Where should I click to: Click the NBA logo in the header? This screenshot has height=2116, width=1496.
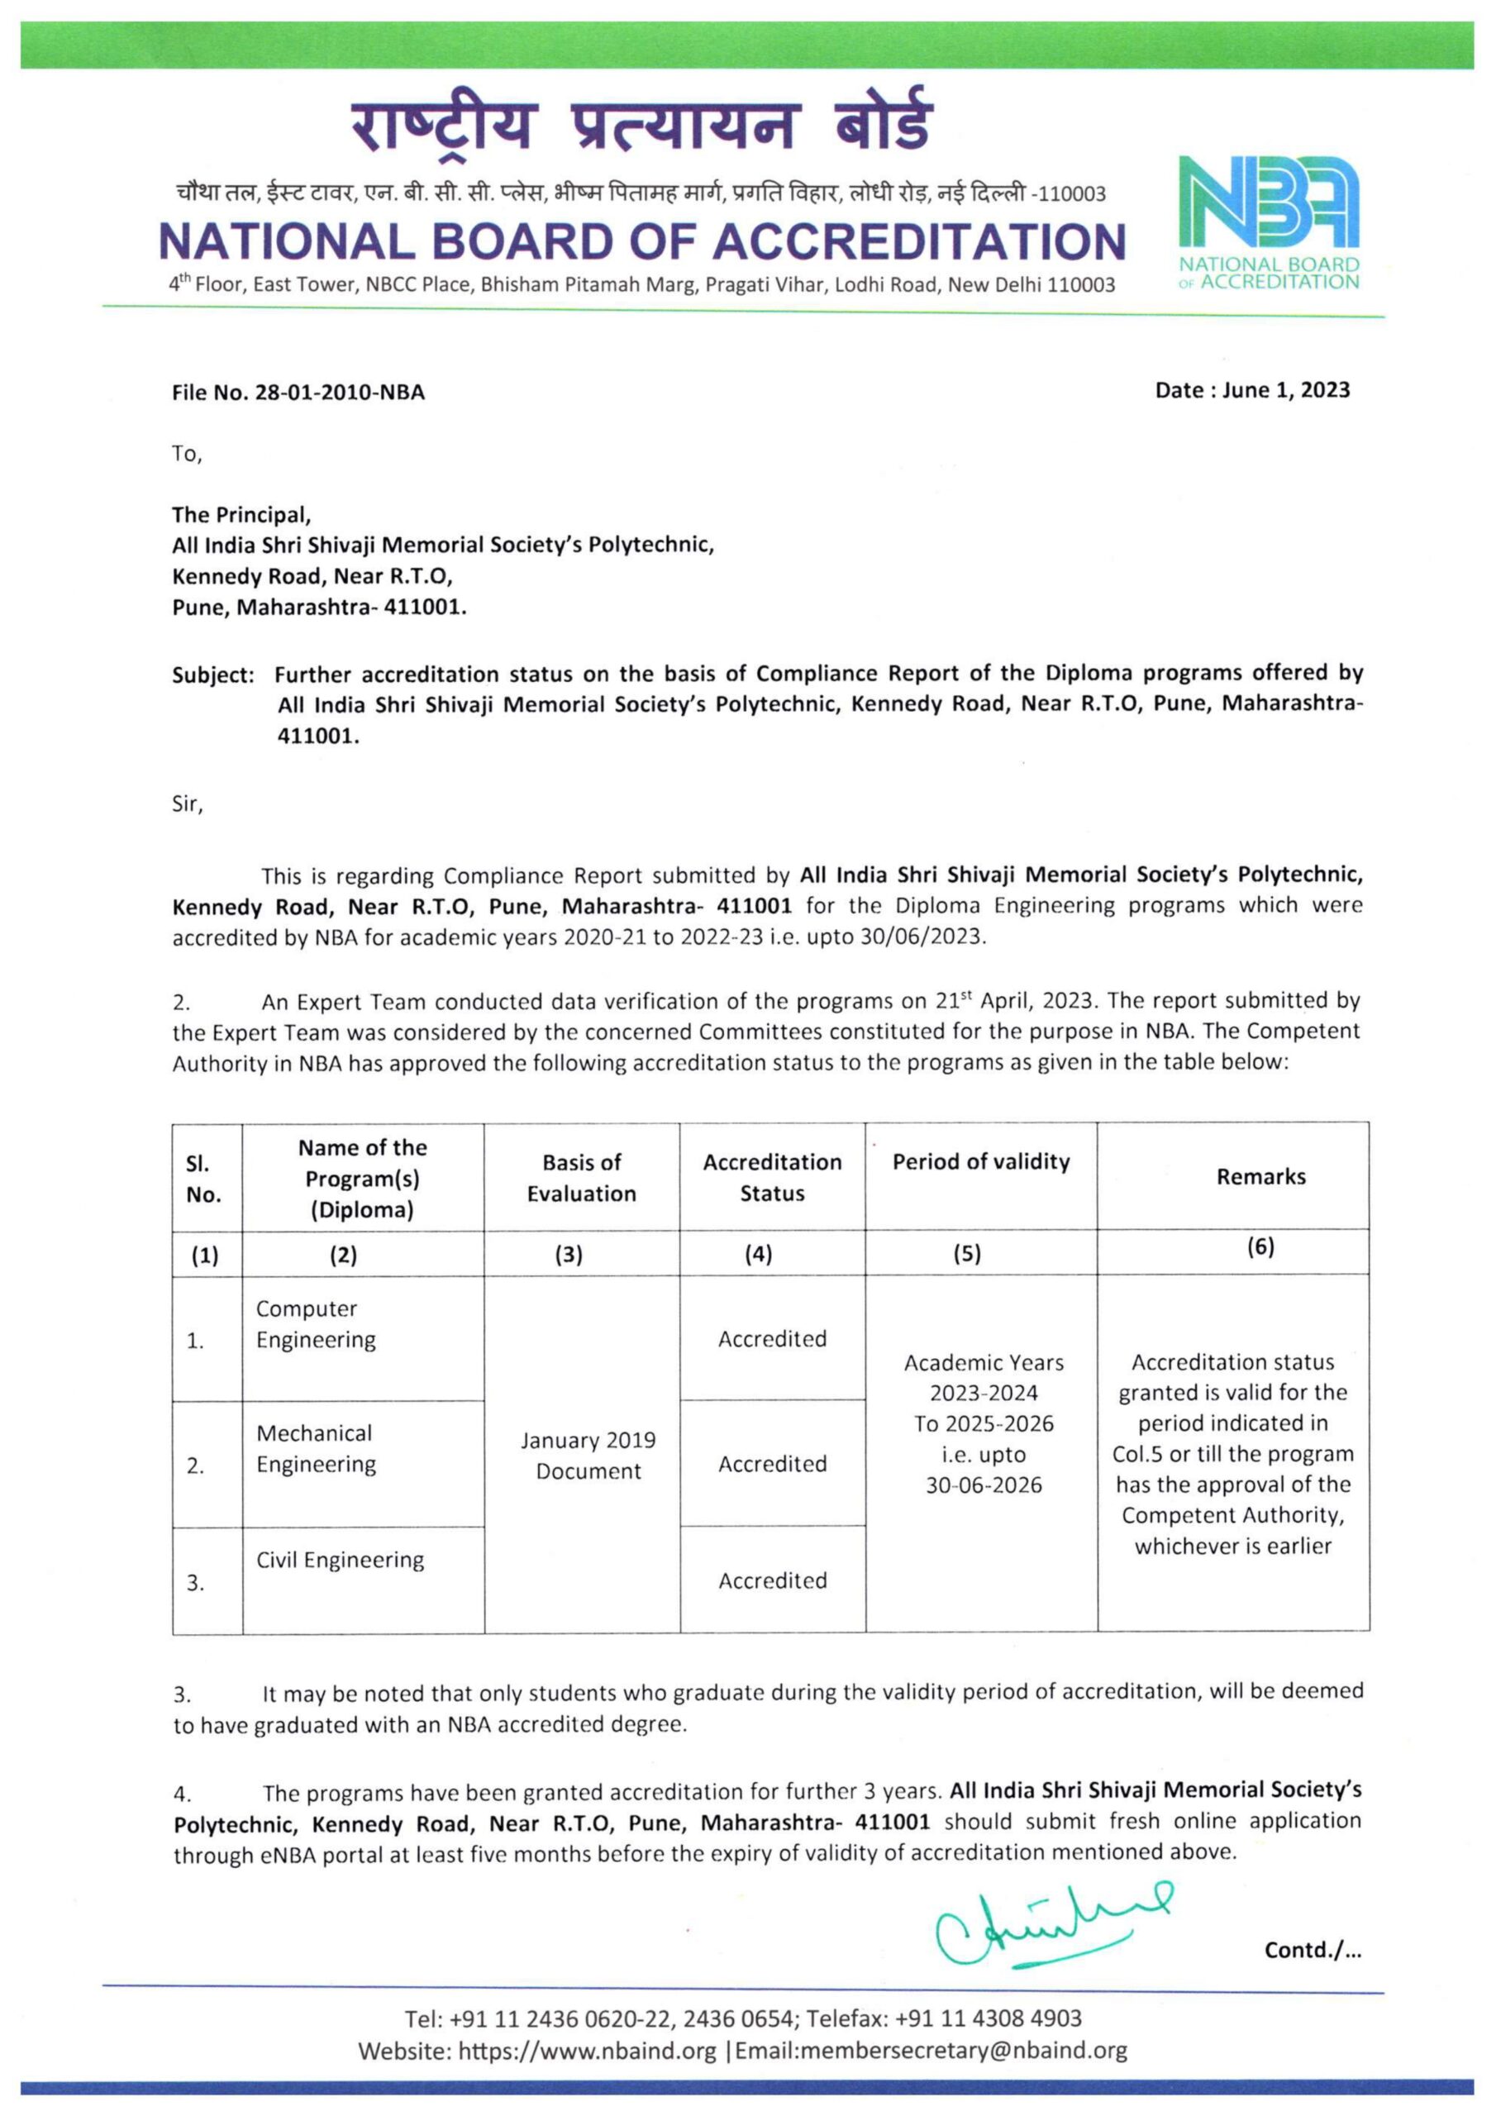click(1269, 222)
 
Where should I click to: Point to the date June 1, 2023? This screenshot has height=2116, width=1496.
click(1286, 390)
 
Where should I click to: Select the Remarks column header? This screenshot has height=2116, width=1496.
click(1260, 1177)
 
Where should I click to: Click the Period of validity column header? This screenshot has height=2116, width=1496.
click(981, 1162)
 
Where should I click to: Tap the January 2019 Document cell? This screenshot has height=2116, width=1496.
click(588, 1456)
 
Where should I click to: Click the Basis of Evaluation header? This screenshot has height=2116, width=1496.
click(582, 1178)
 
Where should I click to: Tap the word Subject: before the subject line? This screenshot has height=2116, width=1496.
click(213, 675)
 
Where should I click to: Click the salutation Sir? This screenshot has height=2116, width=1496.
click(187, 803)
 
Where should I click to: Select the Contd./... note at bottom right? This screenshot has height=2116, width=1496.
click(1312, 1949)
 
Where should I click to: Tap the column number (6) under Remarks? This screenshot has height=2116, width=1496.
click(1260, 1247)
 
